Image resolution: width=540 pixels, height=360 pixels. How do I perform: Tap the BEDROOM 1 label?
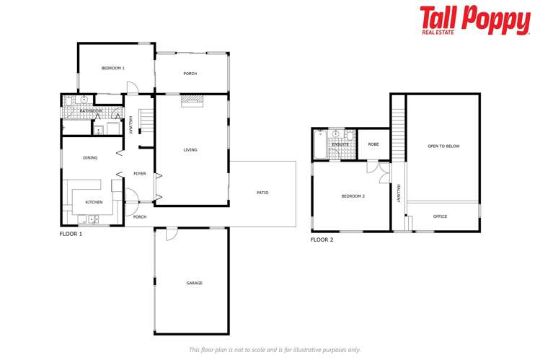113,68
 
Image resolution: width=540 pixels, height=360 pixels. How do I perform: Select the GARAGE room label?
194,283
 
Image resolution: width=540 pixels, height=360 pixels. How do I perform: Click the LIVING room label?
190,150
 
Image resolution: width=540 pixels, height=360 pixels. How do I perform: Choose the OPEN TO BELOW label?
443,146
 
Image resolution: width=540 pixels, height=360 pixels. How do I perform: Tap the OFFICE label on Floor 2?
440,216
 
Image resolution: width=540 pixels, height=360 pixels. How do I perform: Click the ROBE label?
373,144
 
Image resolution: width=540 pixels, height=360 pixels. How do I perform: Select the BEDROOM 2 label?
353,196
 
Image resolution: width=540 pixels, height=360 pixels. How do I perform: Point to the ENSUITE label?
340,144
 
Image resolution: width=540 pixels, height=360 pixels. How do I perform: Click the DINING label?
90,157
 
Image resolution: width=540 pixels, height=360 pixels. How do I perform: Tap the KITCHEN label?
94,202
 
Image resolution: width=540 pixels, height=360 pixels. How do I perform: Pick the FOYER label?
140,173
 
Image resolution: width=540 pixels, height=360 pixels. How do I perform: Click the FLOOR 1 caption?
71,234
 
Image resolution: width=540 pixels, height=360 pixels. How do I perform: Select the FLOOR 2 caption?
322,240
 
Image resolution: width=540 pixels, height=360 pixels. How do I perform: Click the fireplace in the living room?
192,100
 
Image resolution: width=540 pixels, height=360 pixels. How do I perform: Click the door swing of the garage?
171,235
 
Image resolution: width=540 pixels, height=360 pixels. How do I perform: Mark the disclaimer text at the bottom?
275,350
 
